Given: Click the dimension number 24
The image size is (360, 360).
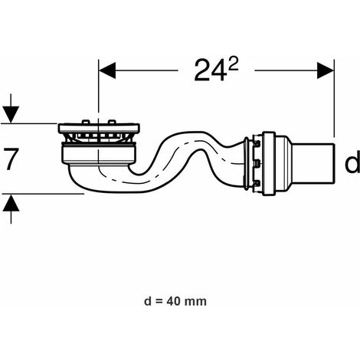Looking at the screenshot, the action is pyautogui.click(x=211, y=70).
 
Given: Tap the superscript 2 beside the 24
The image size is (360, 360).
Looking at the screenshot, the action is pyautogui.click(x=234, y=65).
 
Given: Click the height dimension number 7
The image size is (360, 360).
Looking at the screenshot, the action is pyautogui.click(x=11, y=159).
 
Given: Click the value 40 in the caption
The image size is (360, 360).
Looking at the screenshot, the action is pyautogui.click(x=174, y=302).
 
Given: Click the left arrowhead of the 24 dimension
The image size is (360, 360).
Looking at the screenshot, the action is pyautogui.click(x=107, y=70).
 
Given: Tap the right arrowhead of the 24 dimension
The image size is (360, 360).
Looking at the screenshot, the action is pyautogui.click(x=326, y=70).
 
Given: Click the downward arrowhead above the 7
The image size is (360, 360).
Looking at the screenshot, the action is pyautogui.click(x=11, y=115).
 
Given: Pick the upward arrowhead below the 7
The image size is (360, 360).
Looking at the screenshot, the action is pyautogui.click(x=11, y=202).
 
